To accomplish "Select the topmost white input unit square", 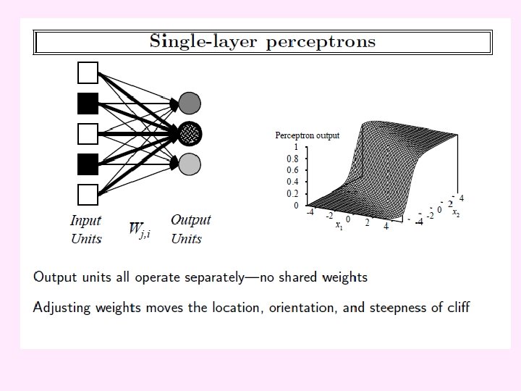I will click(x=88, y=73).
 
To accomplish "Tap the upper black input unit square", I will click(x=88, y=104).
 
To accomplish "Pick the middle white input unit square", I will click(x=88, y=134).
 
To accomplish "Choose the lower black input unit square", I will click(x=88, y=164).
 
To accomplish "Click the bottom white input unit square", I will click(x=88, y=195).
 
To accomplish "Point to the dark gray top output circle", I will click(x=190, y=104).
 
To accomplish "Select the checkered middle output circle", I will click(x=190, y=134).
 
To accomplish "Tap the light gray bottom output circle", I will click(x=190, y=164).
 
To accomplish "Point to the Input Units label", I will click(x=86, y=230).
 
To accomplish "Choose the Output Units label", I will click(x=190, y=229).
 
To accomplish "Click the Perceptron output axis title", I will click(x=308, y=135).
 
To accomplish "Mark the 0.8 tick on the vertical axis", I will click(x=292, y=159).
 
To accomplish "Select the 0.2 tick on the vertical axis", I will click(x=292, y=193).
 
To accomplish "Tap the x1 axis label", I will click(x=339, y=225).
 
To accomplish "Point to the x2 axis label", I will click(x=456, y=212).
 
